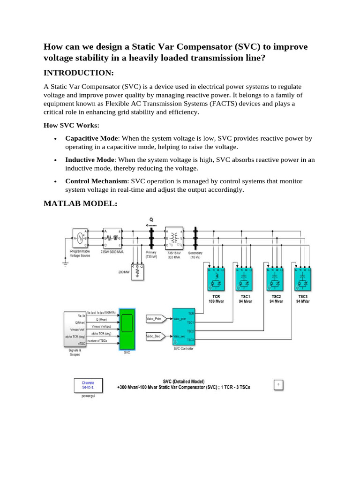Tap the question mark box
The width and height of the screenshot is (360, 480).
278,385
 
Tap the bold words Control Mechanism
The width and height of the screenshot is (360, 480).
97,181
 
